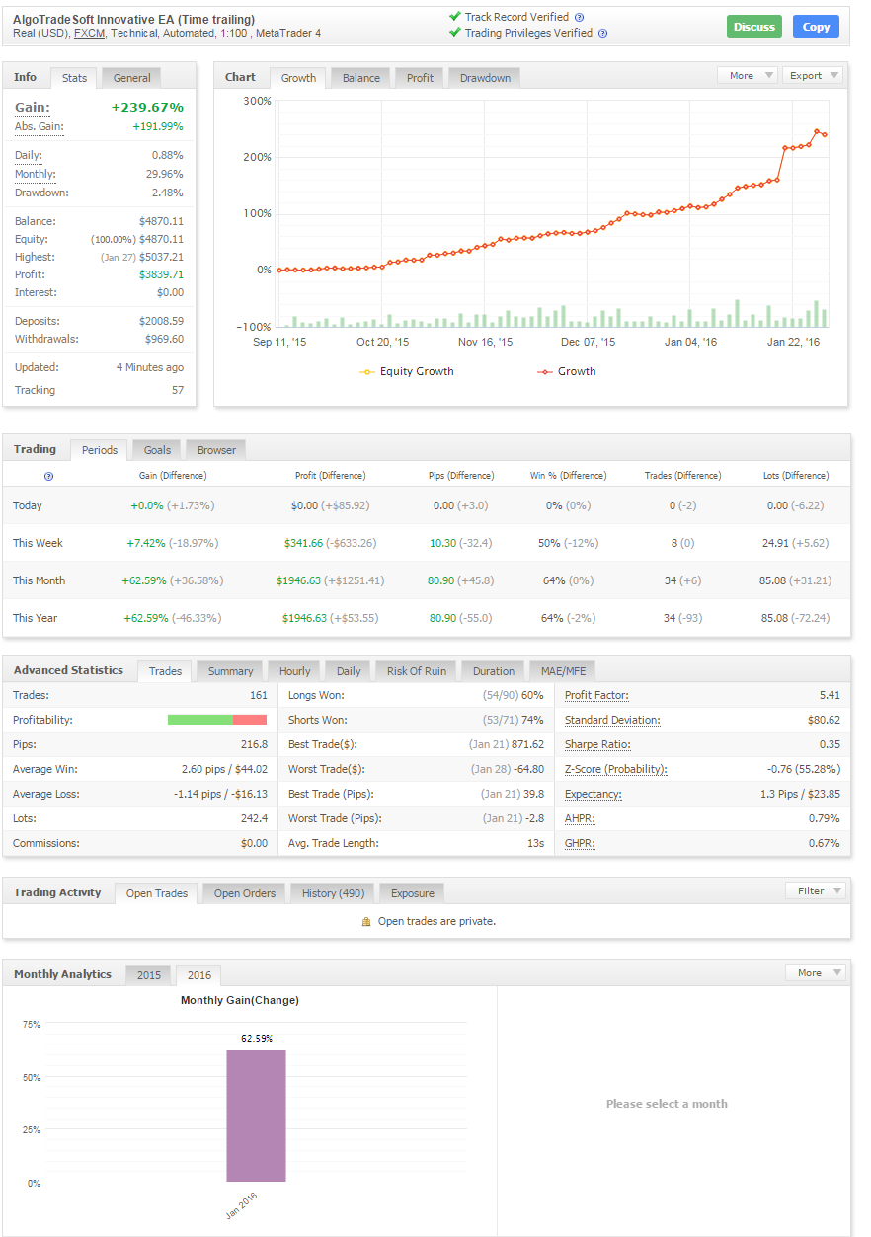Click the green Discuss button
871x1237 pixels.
753,27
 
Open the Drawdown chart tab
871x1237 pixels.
484,78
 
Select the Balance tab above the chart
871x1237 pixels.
361,78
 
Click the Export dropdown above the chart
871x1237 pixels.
812,75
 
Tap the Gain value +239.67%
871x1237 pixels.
147,107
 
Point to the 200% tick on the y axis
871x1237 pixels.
258,157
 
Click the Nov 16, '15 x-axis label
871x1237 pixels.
486,343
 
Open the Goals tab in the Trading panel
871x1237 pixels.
157,450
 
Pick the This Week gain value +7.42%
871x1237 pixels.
143,543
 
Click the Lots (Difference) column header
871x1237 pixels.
796,475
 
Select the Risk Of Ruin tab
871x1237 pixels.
416,671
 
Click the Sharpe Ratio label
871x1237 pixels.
597,744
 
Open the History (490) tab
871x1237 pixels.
333,893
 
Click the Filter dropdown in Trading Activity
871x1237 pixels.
816,890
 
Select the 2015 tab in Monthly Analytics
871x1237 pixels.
149,975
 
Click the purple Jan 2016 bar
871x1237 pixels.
256,1116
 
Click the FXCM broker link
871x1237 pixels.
90,33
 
